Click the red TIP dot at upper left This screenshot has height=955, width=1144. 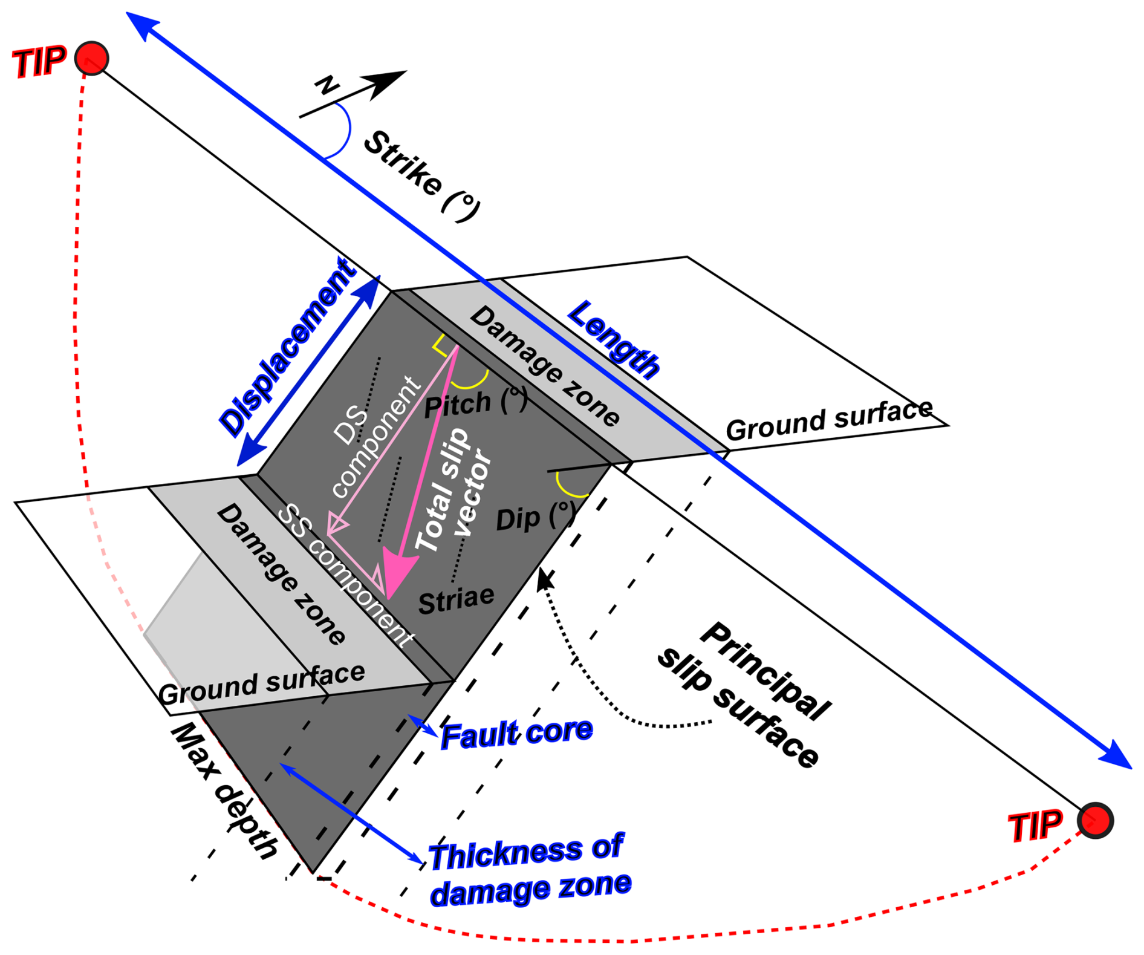point(92,59)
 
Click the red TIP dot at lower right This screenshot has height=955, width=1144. point(1095,821)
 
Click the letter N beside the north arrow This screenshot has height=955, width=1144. point(327,86)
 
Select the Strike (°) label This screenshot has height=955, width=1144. point(423,174)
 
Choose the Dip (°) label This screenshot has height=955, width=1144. point(535,517)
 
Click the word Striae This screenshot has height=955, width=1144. point(457,600)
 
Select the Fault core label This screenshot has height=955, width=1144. point(517,734)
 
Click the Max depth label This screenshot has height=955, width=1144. point(224,792)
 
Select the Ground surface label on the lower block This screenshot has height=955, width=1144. point(262,683)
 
